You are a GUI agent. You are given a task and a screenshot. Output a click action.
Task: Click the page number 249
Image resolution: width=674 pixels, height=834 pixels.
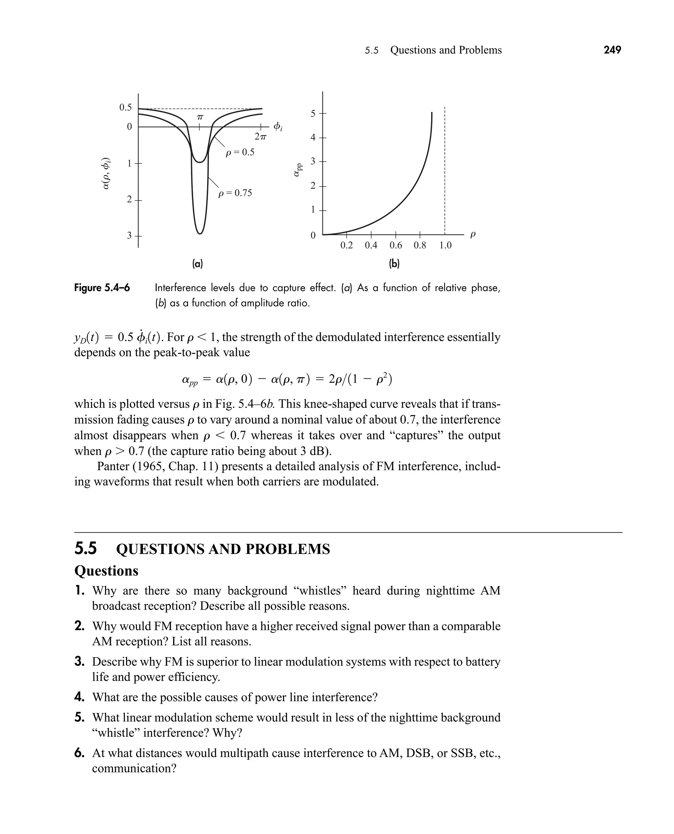click(612, 50)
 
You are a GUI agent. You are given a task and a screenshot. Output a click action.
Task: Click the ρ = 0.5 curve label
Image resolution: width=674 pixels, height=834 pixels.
click(240, 152)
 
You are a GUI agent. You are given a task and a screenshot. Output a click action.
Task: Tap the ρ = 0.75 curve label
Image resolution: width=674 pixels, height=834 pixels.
click(235, 193)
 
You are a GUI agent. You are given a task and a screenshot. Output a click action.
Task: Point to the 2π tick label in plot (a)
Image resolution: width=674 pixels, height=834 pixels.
click(261, 137)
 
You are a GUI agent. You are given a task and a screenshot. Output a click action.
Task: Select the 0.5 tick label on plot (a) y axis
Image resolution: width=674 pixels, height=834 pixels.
click(125, 108)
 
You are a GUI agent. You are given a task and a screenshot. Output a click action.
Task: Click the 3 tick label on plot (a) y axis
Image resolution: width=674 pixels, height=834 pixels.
click(129, 236)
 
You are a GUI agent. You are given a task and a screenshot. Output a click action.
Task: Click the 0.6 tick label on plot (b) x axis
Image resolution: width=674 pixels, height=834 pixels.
click(396, 245)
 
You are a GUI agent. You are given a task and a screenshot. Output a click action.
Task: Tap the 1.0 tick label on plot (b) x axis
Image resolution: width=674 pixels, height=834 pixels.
click(445, 245)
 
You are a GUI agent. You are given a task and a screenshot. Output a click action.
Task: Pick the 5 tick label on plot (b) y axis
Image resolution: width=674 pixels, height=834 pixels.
click(313, 113)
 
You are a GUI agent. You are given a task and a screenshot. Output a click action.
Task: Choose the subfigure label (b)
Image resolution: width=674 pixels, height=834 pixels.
click(394, 264)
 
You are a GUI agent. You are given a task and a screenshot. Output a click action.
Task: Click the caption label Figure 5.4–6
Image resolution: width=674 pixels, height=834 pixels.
click(102, 288)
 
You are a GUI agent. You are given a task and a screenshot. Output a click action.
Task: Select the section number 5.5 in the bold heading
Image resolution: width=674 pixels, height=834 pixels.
click(86, 549)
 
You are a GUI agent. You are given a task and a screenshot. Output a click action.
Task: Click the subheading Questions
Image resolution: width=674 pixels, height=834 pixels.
click(106, 570)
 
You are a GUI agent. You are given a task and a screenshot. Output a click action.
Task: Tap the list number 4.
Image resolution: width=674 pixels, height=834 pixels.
click(79, 697)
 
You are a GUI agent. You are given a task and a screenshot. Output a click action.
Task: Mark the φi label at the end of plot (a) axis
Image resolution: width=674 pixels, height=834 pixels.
click(278, 127)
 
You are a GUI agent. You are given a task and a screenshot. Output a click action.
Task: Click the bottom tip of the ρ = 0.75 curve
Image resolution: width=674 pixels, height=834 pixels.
click(199, 234)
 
